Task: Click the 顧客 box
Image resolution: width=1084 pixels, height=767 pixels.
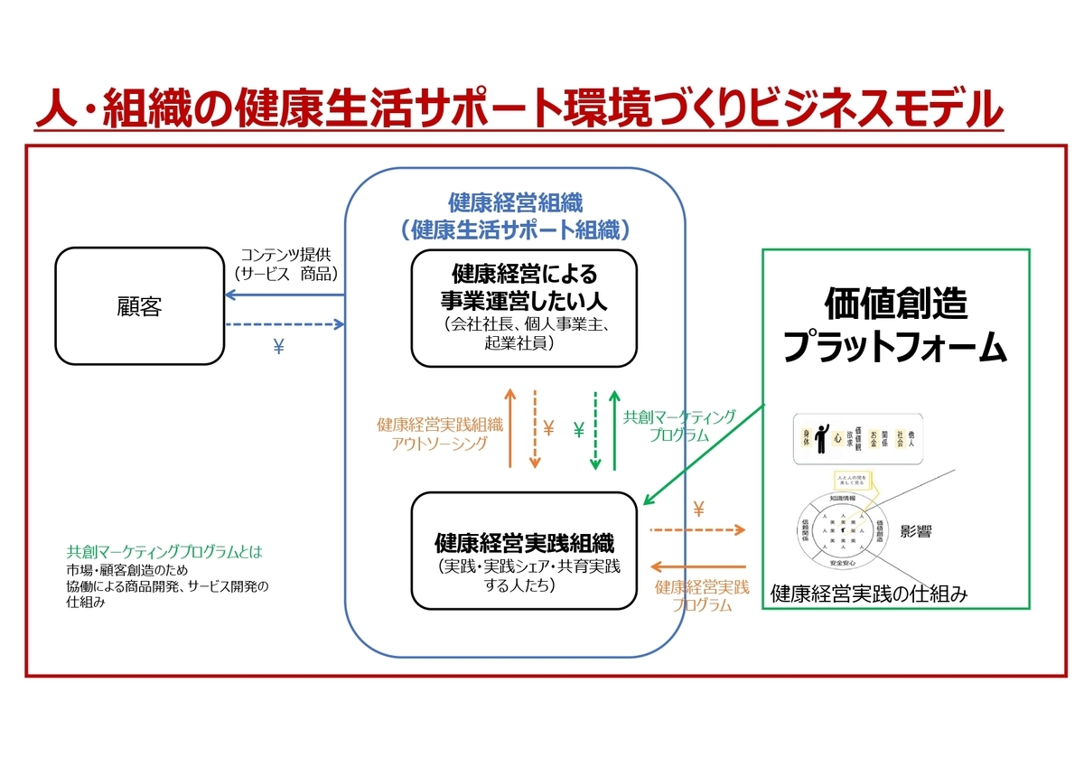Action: point(139,307)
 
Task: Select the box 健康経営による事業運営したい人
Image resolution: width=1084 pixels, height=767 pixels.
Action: point(524,308)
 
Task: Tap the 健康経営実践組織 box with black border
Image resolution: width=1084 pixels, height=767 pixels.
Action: point(524,550)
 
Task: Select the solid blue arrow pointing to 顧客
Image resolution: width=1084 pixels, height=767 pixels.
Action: point(285,295)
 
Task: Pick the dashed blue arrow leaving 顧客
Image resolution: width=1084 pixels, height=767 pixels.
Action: point(285,324)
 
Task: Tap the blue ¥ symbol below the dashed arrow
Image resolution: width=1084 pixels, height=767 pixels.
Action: point(279,347)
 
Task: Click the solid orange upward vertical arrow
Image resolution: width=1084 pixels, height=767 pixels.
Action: point(510,428)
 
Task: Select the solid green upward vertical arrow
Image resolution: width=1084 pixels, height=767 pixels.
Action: point(614,430)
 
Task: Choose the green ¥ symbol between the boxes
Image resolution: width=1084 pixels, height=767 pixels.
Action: point(579,430)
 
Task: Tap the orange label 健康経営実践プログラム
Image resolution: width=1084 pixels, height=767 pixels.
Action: point(702,596)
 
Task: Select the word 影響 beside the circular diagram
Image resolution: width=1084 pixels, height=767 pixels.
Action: point(916,531)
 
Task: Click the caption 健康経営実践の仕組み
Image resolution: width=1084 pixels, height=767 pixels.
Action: point(868,594)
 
